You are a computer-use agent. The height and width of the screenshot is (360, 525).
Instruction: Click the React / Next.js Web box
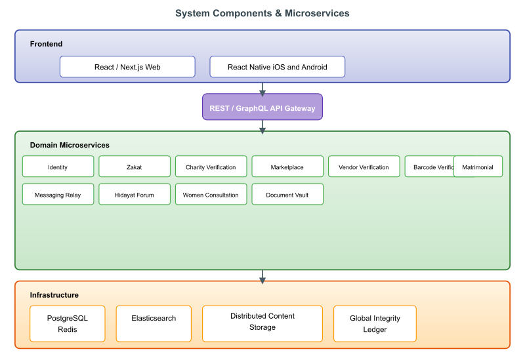pyautogui.click(x=127, y=67)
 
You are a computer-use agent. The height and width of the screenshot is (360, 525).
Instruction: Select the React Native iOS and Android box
pyautogui.click(x=277, y=67)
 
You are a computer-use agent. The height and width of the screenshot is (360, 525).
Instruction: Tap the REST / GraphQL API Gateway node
pyautogui.click(x=262, y=107)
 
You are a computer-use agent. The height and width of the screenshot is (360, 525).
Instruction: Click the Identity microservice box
pyautogui.click(x=58, y=167)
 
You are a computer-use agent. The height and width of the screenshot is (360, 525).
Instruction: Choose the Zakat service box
pyautogui.click(x=135, y=167)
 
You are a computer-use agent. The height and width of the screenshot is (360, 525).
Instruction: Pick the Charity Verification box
pyautogui.click(x=211, y=167)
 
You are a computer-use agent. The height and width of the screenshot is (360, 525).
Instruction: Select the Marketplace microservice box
pyautogui.click(x=287, y=167)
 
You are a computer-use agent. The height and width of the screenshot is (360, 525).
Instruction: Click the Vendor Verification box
pyautogui.click(x=364, y=167)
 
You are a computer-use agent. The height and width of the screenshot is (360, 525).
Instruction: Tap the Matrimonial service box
pyautogui.click(x=478, y=167)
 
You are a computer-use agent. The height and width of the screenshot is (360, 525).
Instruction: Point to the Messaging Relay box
pyautogui.click(x=58, y=195)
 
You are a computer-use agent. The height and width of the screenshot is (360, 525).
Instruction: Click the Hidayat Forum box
pyautogui.click(x=135, y=195)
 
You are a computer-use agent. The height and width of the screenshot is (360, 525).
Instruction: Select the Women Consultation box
pyautogui.click(x=211, y=195)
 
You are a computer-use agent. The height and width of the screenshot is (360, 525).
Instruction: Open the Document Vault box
pyautogui.click(x=287, y=195)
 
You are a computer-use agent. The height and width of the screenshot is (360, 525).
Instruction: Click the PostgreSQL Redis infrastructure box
pyautogui.click(x=67, y=323)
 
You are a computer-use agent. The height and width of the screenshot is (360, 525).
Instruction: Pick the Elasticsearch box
pyautogui.click(x=154, y=323)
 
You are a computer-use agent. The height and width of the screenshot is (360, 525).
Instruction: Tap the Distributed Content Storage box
pyautogui.click(x=262, y=323)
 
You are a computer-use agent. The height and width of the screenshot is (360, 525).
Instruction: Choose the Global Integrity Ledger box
pyautogui.click(x=375, y=323)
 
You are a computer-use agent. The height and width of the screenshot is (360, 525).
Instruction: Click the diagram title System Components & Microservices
pyautogui.click(x=262, y=13)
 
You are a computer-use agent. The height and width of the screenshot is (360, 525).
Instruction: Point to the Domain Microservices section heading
pyautogui.click(x=70, y=145)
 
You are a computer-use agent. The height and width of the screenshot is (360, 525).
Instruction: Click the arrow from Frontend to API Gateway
pyautogui.click(x=262, y=89)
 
